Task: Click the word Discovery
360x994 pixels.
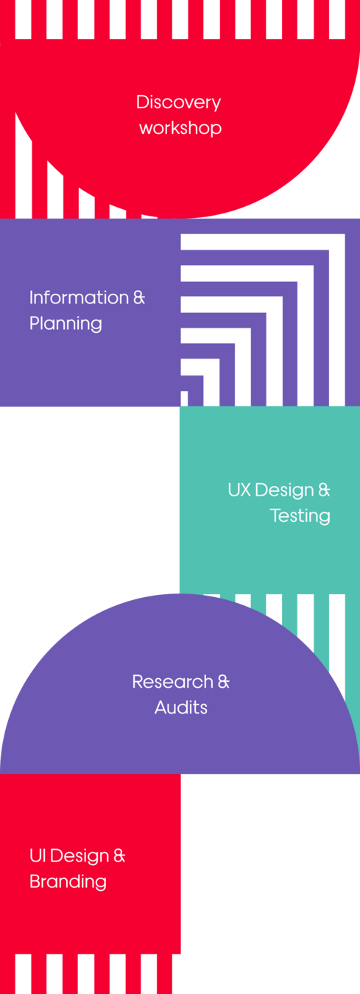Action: click(178, 103)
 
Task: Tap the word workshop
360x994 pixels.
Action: click(180, 128)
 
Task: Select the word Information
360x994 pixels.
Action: click(79, 297)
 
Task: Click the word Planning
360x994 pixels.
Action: click(66, 324)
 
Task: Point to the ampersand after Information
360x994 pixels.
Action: click(139, 297)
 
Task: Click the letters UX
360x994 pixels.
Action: click(239, 490)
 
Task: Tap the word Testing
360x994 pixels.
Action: click(300, 516)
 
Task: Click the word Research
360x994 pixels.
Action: click(173, 682)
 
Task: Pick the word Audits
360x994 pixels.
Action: click(181, 708)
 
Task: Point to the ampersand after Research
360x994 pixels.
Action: click(224, 682)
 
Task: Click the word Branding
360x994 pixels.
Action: click(68, 882)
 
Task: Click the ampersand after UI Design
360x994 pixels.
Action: click(119, 856)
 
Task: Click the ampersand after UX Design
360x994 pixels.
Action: click(325, 490)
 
